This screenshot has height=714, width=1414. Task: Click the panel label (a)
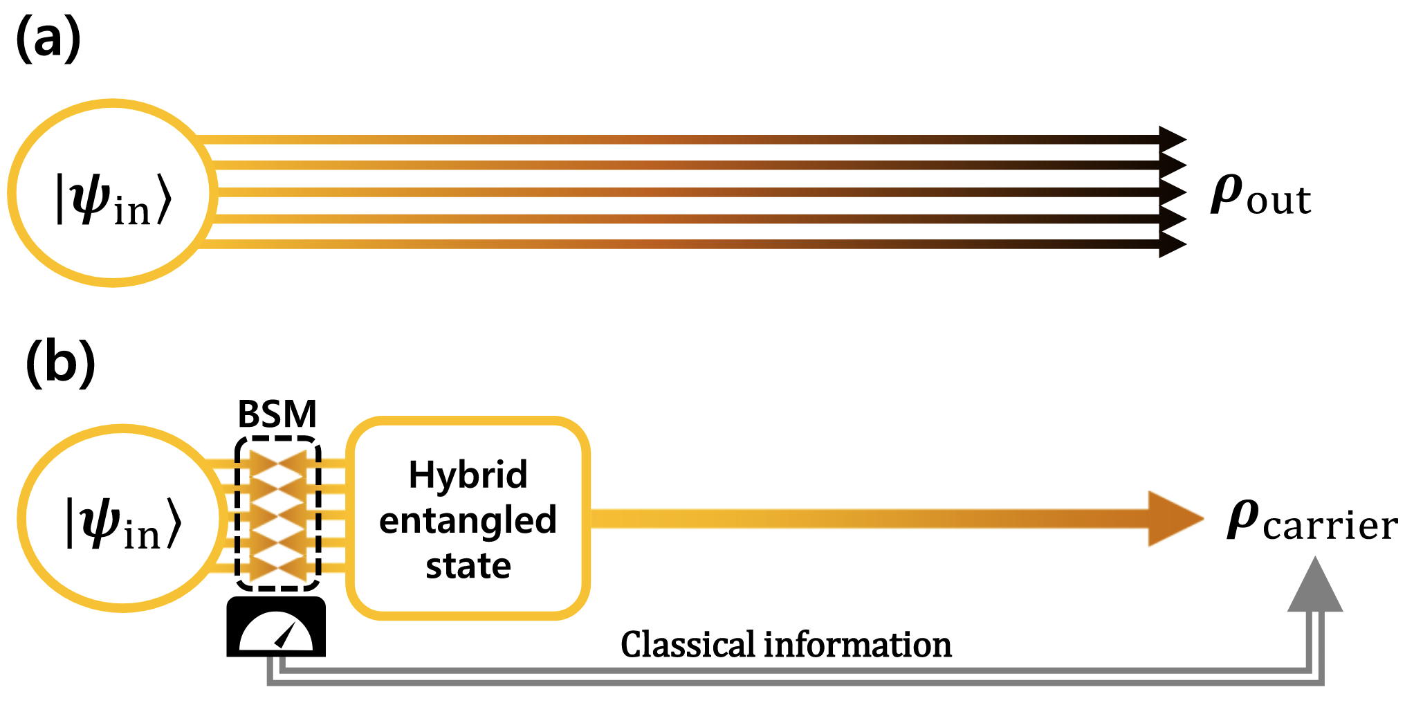[x=48, y=40]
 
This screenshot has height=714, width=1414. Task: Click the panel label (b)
[x=60, y=363]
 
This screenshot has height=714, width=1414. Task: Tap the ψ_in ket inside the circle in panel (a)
[x=113, y=199]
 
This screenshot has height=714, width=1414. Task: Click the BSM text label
[x=277, y=414]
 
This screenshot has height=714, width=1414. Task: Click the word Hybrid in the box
[x=468, y=475]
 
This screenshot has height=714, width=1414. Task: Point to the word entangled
[x=468, y=520]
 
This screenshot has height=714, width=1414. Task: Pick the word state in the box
[x=468, y=566]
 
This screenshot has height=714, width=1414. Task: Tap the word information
[x=858, y=645]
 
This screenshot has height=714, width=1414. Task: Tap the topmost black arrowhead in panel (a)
[x=1172, y=139]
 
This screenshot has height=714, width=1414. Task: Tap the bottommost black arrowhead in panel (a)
[x=1172, y=244]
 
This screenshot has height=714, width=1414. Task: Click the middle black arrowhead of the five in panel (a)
[x=1172, y=192]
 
